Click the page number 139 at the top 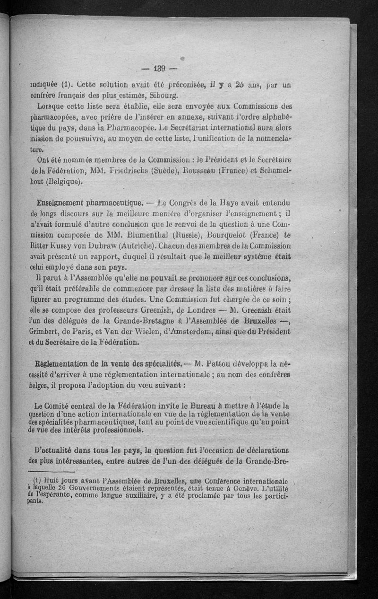click(159, 69)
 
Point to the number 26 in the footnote click(74, 486)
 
